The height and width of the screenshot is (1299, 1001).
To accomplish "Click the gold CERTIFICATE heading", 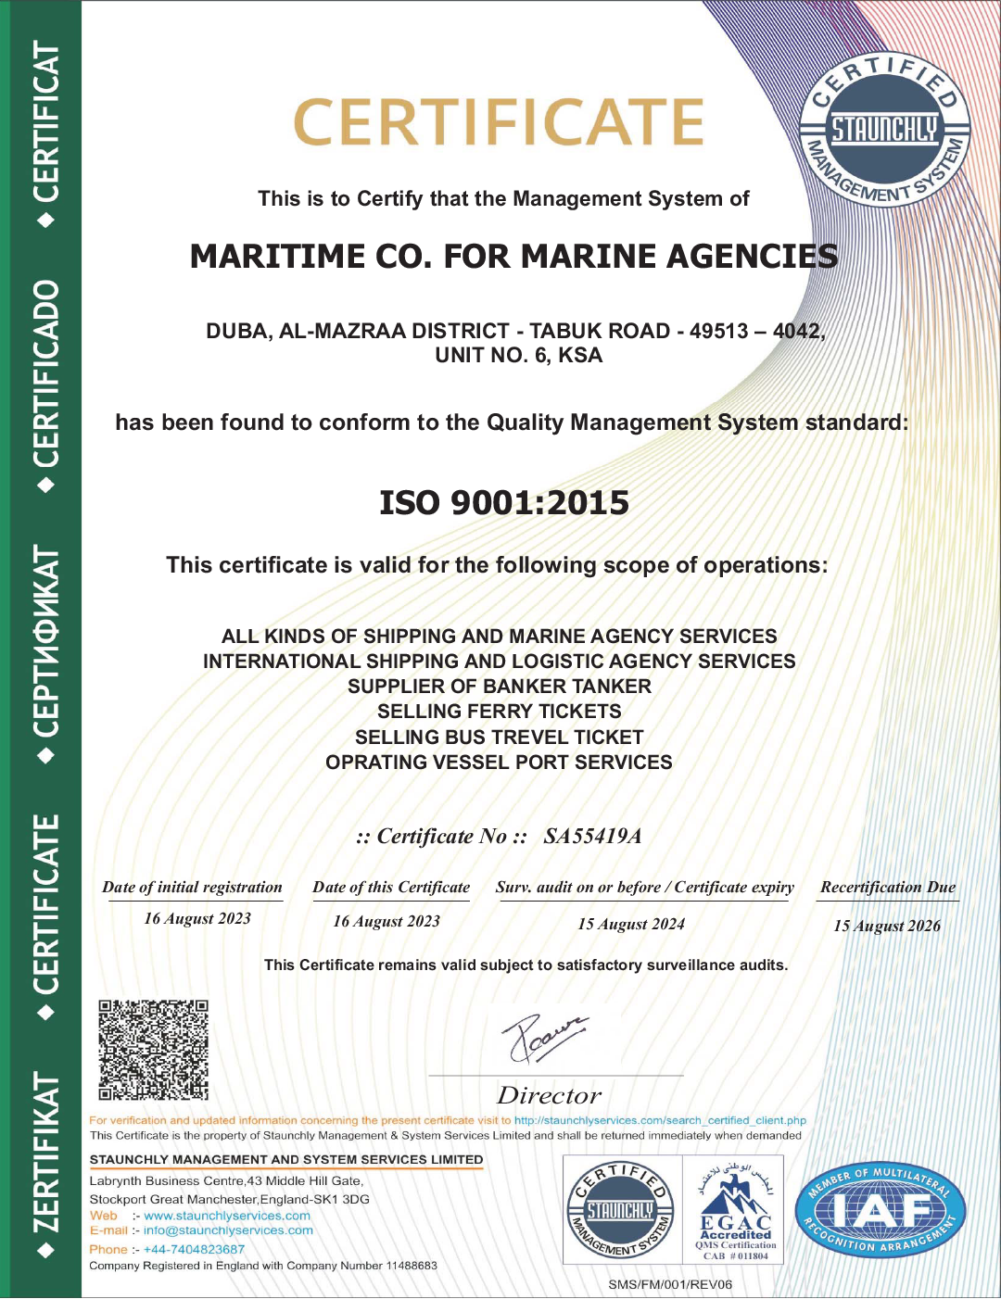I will [499, 123].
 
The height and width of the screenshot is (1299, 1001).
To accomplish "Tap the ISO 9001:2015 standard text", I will [504, 503].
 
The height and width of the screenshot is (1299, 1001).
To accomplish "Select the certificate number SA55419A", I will [592, 837].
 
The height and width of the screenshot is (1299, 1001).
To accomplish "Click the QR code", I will [153, 1050].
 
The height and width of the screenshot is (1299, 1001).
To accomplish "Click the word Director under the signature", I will [549, 1096].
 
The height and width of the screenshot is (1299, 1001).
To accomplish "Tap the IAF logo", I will [881, 1210].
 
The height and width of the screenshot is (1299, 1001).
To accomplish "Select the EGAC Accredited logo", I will [735, 1209].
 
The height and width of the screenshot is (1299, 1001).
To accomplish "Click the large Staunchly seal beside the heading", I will [885, 130].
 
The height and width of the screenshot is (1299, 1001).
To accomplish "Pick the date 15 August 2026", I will [887, 926].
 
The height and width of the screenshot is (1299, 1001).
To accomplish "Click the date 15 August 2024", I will [631, 924].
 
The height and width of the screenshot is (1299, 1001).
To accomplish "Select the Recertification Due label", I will [887, 888].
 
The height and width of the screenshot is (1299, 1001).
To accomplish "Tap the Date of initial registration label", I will [192, 888].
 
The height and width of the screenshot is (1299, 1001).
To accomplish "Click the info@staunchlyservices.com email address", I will [228, 1230].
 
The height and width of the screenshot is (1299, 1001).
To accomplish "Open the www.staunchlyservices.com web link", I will [227, 1216].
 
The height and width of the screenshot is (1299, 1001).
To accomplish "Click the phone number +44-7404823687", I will [194, 1249].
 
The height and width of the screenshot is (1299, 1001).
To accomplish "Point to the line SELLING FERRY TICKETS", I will [499, 712].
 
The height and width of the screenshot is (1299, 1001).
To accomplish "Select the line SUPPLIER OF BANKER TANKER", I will [499, 687].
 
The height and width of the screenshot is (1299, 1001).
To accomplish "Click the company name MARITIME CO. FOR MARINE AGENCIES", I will [513, 257].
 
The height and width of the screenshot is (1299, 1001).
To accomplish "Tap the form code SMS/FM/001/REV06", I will [670, 1284].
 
